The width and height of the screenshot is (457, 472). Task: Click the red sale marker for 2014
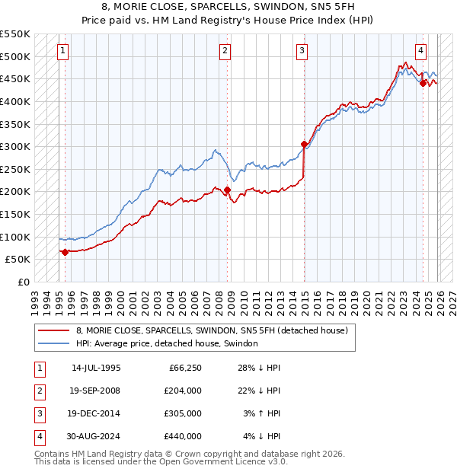coord(304,144)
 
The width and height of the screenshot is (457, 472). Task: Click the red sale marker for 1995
coord(65,252)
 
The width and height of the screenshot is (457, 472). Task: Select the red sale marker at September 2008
coord(227,190)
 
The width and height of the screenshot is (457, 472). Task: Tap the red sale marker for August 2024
coord(423,84)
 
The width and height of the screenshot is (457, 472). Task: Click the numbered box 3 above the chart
coord(302,51)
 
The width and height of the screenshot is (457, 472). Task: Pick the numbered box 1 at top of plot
coord(62,51)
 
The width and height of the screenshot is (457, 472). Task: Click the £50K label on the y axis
coord(18,259)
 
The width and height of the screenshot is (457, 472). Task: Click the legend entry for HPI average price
coord(167,343)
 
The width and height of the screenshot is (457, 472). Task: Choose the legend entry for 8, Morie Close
coord(212,330)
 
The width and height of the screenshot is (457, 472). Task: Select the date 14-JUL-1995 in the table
coord(96,367)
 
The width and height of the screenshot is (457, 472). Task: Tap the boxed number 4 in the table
coord(38,436)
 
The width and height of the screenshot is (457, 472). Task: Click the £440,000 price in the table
coord(182,436)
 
